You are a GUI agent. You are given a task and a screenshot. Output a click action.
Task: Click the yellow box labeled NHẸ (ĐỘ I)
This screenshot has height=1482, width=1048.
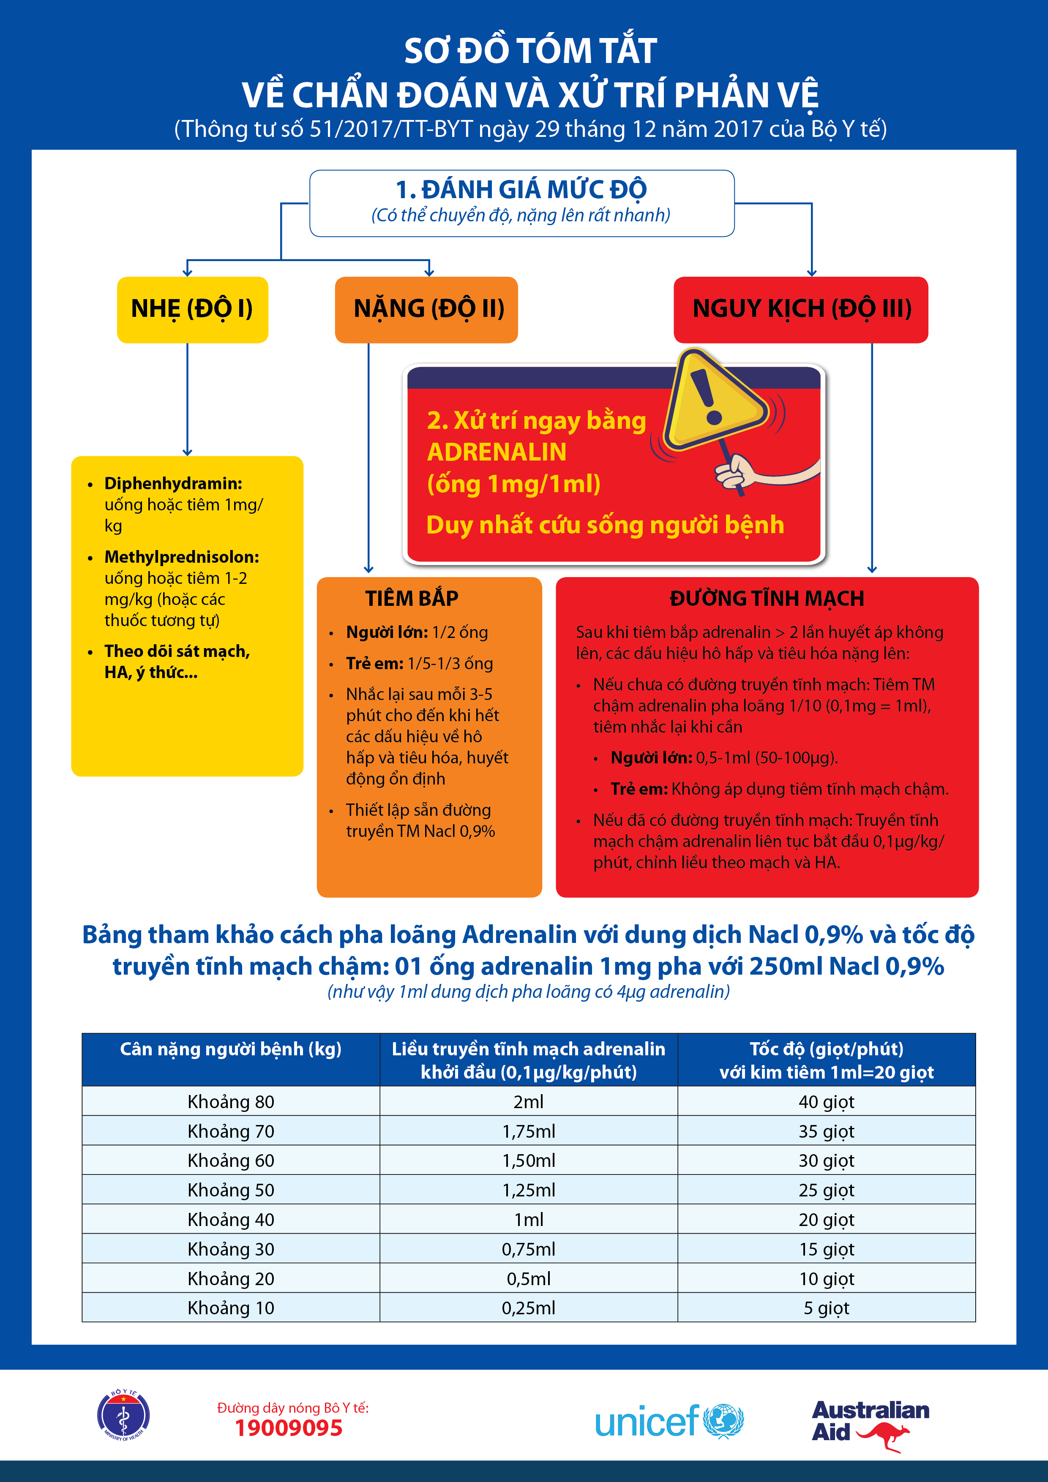pyautogui.click(x=192, y=309)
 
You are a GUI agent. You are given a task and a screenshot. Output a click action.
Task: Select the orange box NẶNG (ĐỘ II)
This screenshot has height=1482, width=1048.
pyautogui.click(x=426, y=309)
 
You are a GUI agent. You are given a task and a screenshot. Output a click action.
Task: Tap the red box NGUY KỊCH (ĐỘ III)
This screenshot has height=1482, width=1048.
pyautogui.click(x=801, y=309)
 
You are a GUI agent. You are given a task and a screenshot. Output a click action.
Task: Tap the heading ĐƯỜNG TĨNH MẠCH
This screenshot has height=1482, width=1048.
pyautogui.click(x=767, y=598)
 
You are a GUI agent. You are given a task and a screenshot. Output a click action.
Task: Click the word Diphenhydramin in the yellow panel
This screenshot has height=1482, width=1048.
pyautogui.click(x=173, y=483)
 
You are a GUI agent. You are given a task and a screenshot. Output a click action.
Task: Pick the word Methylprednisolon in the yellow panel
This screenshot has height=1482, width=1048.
pyautogui.click(x=181, y=557)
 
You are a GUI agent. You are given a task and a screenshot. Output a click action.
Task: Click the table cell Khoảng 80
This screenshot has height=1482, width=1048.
pyautogui.click(x=231, y=1102)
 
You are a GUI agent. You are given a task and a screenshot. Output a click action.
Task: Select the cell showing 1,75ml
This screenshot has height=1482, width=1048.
pyautogui.click(x=528, y=1131)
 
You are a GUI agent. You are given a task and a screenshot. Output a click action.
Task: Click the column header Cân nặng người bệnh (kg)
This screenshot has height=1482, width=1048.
pyautogui.click(x=231, y=1049)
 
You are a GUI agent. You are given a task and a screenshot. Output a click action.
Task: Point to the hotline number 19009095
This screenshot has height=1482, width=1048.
pyautogui.click(x=288, y=1428)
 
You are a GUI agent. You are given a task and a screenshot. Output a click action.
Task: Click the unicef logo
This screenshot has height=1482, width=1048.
pyautogui.click(x=669, y=1421)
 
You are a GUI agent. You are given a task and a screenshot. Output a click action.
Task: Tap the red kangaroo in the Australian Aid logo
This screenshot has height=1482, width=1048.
pyautogui.click(x=883, y=1437)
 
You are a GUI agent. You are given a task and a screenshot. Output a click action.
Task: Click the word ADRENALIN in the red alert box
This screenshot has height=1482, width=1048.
pyautogui.click(x=497, y=452)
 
